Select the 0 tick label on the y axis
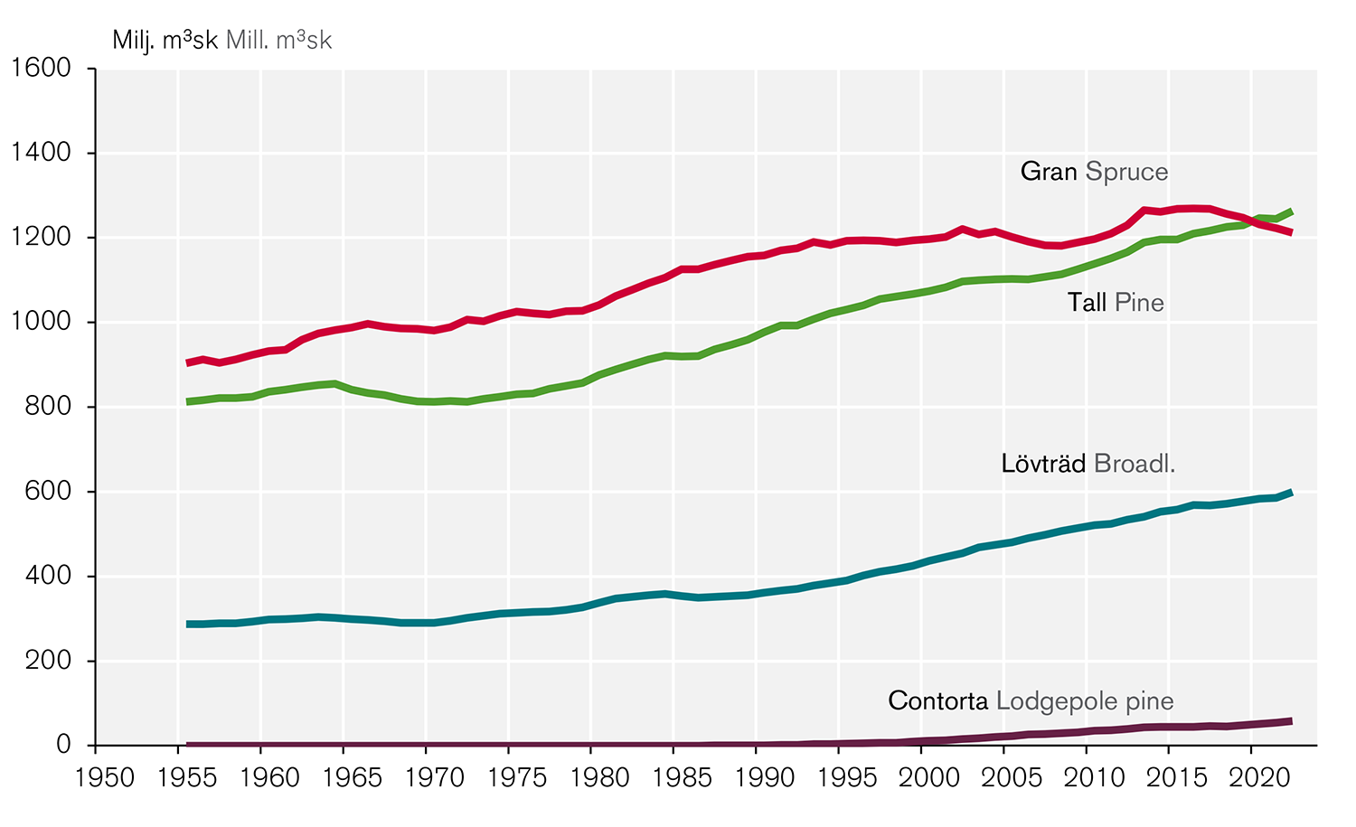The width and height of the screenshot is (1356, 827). (63, 745)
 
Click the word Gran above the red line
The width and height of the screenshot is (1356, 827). (1048, 172)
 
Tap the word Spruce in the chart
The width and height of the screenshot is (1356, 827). (1126, 172)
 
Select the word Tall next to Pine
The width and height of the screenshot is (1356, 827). (1087, 303)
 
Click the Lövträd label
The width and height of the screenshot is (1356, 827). (1043, 464)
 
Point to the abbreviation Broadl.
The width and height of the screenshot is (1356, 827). (1134, 464)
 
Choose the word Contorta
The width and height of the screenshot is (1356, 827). (937, 701)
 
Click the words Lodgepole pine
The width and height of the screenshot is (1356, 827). (1085, 701)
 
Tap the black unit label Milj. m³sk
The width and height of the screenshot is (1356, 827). (165, 41)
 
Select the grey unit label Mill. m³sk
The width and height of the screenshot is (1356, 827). (279, 41)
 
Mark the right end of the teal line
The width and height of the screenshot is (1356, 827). (1291, 493)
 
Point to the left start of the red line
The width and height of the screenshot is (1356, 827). (187, 362)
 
